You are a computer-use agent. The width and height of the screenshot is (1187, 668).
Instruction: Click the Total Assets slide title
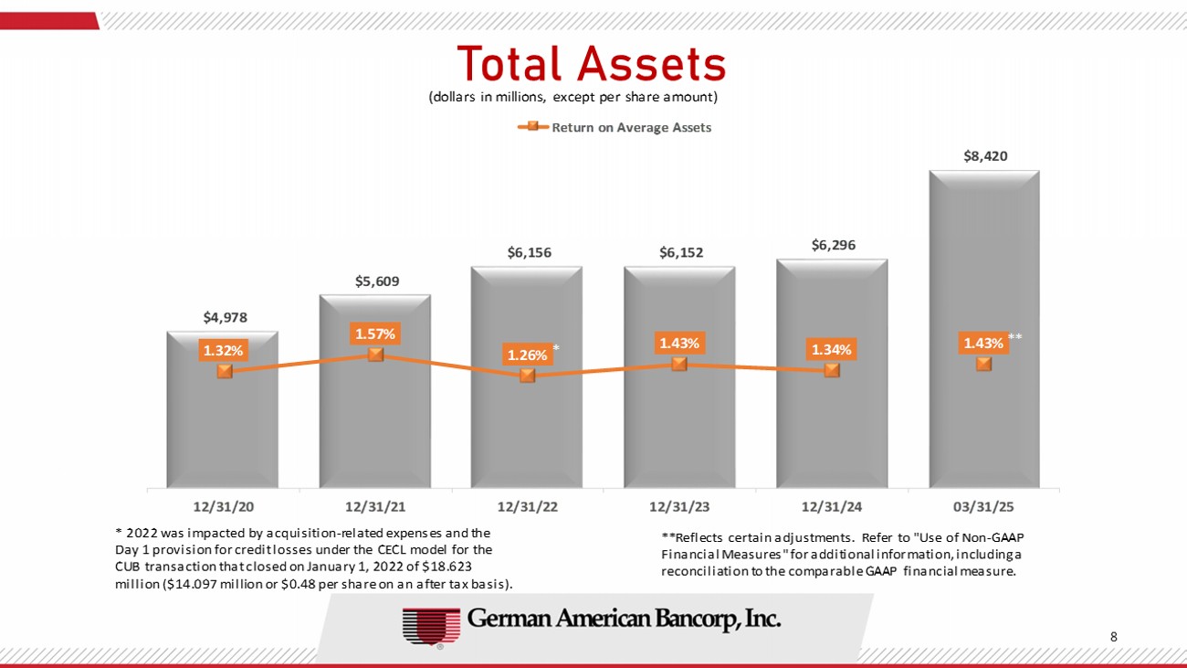pyautogui.click(x=592, y=63)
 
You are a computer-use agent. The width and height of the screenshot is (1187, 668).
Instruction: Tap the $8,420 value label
pyautogui.click(x=985, y=156)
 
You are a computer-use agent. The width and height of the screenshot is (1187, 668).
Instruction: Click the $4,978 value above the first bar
pyautogui.click(x=225, y=317)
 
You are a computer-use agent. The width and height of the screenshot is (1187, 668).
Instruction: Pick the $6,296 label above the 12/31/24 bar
pyautogui.click(x=833, y=245)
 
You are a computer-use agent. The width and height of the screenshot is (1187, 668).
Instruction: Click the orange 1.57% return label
pyautogui.click(x=375, y=334)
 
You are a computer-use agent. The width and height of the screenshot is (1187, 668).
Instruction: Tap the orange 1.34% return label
pyautogui.click(x=832, y=349)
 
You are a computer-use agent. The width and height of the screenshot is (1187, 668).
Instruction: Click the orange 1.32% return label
pyautogui.click(x=223, y=349)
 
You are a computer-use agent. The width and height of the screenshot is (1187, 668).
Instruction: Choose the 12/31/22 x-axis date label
pyautogui.click(x=528, y=505)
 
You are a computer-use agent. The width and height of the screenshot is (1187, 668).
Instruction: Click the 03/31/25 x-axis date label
pyautogui.click(x=984, y=505)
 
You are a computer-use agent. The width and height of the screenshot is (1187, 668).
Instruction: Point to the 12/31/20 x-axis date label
pyautogui.click(x=224, y=505)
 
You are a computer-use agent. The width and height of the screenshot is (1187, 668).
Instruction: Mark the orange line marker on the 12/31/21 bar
pyautogui.click(x=375, y=355)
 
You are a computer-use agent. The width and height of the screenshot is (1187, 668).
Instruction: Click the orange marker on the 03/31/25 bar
pyautogui.click(x=983, y=365)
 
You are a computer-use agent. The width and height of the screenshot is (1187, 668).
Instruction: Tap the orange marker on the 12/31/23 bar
pyautogui.click(x=679, y=364)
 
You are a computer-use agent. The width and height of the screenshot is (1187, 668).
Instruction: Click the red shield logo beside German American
pyautogui.click(x=430, y=626)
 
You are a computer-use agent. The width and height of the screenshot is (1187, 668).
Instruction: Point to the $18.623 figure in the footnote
pyautogui.click(x=446, y=567)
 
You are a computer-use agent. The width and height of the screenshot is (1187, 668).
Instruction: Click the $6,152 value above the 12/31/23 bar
pyautogui.click(x=680, y=252)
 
